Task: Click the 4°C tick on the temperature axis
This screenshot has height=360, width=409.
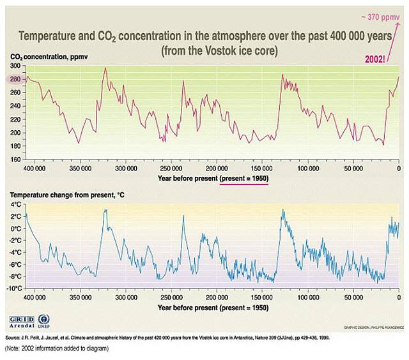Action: (x=14, y=205)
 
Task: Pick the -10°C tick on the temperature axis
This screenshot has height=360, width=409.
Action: (x=12, y=289)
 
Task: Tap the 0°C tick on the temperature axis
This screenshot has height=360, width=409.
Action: (x=14, y=229)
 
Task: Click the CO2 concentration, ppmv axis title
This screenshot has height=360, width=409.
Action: (x=49, y=57)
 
